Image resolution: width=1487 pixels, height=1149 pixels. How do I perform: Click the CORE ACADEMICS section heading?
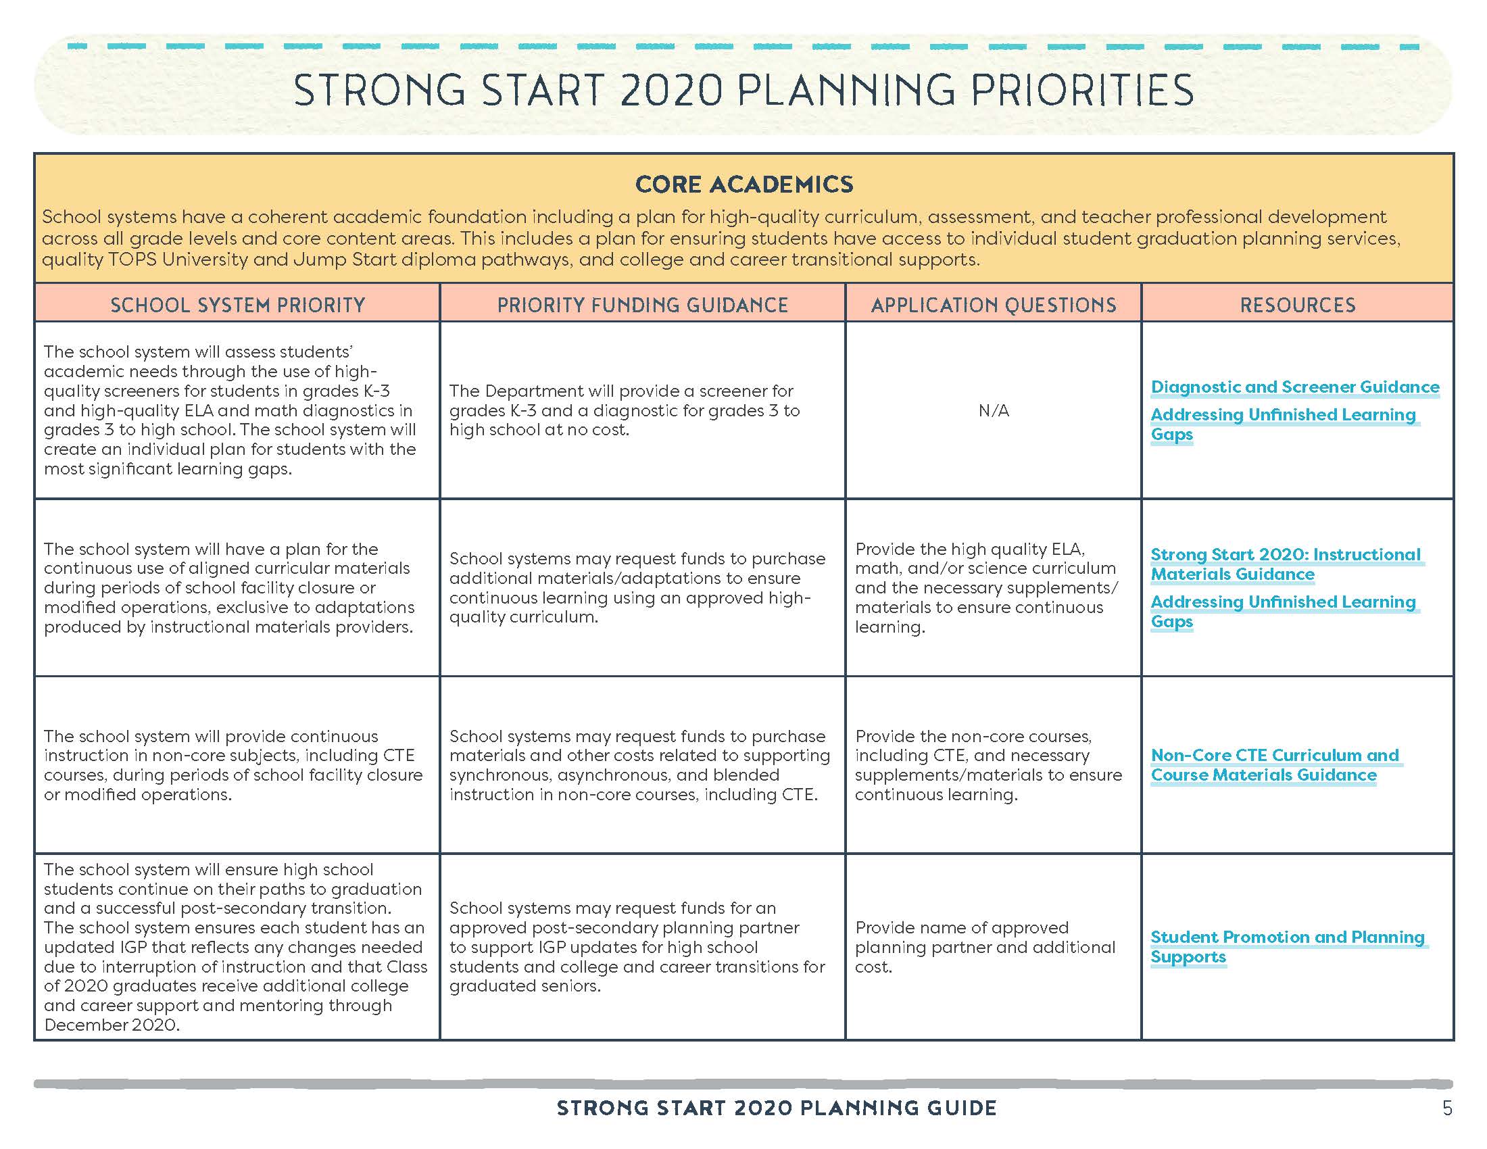[743, 185]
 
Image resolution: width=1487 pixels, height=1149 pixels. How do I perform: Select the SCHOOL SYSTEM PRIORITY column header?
[238, 305]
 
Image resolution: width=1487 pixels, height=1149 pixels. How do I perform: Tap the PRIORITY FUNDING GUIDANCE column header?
[642, 305]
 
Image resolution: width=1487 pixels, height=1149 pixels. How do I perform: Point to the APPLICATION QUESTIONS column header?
[994, 305]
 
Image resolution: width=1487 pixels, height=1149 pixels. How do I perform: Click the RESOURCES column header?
[1297, 305]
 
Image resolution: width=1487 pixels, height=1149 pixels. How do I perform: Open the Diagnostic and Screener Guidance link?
[1294, 387]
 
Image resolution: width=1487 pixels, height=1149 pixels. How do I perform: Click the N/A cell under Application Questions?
[994, 410]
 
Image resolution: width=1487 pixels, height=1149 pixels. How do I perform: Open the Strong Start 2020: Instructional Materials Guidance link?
[1285, 564]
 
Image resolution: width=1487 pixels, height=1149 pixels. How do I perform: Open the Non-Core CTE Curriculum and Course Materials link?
[1274, 765]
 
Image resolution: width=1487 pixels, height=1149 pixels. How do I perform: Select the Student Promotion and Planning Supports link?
[1287, 947]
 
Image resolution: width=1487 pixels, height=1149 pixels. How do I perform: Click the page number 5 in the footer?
[1447, 1109]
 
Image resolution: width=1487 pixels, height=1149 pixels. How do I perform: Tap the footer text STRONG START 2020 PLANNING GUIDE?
[776, 1108]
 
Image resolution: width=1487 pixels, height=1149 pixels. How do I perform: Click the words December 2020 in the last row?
[112, 1025]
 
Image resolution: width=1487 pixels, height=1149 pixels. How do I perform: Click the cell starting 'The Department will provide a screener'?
[625, 410]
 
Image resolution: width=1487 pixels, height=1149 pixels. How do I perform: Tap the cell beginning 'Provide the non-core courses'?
[988, 765]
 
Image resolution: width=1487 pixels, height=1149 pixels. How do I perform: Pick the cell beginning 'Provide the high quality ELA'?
[986, 587]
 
